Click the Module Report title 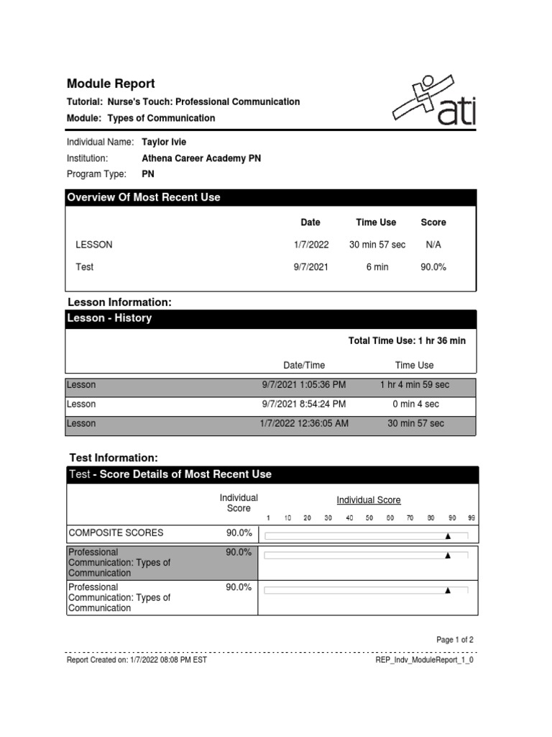(111, 83)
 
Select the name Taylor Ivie (164, 142)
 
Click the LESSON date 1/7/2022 (310, 245)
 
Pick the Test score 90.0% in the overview (433, 267)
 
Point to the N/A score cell (433, 245)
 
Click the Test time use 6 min (377, 267)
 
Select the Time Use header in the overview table (376, 222)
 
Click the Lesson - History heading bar (271, 318)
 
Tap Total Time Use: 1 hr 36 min (407, 340)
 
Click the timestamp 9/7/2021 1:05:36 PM (304, 385)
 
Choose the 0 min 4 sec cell (415, 404)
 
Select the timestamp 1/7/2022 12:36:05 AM (304, 423)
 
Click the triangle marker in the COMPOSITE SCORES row (448, 536)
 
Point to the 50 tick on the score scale (369, 518)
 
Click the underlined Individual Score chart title (369, 500)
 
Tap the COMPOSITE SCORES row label (116, 533)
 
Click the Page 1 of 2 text (455, 640)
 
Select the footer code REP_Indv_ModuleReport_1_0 (425, 659)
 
